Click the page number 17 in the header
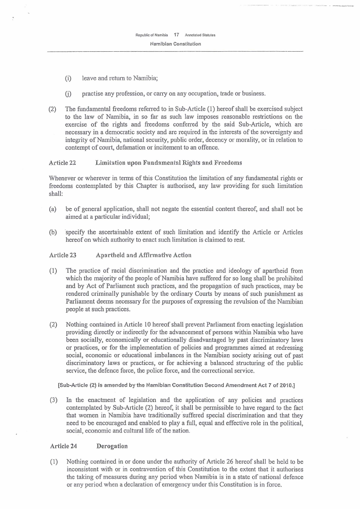176,34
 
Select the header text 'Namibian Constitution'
175,44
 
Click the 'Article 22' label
62,162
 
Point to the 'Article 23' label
62,255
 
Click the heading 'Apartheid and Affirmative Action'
144,255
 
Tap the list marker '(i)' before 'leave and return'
68,78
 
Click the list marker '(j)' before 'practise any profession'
68,94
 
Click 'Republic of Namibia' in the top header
152,35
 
